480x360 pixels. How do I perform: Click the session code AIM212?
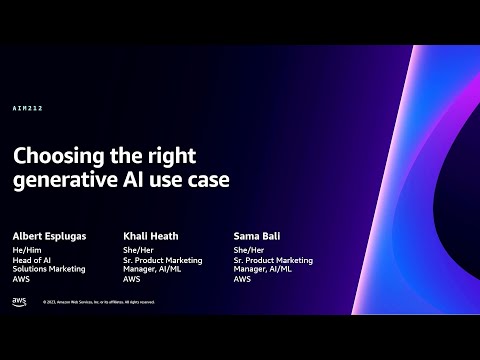pyautogui.click(x=28, y=108)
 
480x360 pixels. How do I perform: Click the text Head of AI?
pyautogui.click(x=32, y=260)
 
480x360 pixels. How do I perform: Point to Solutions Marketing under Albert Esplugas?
pyautogui.click(x=49, y=269)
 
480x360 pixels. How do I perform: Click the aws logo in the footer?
pyautogui.click(x=19, y=301)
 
